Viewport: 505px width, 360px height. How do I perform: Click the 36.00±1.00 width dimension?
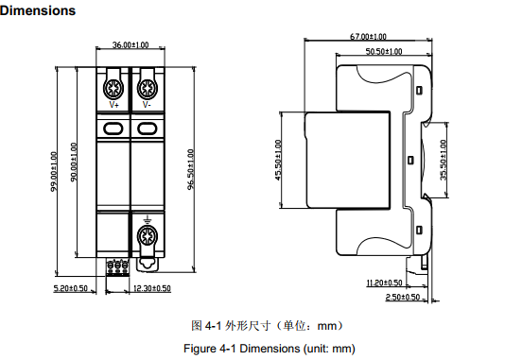click(x=131, y=44)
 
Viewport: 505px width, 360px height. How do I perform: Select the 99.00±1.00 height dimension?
click(x=54, y=171)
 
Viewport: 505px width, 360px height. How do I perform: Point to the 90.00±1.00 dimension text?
click(x=74, y=163)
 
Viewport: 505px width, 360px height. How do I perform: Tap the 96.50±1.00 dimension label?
click(x=191, y=169)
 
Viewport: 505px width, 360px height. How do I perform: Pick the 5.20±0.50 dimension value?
click(x=71, y=288)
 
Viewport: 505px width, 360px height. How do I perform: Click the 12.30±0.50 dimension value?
click(x=151, y=288)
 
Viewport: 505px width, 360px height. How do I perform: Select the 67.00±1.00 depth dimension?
click(x=368, y=36)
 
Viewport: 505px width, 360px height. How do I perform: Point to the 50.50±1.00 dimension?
click(x=384, y=51)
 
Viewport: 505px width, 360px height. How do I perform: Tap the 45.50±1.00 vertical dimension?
click(x=279, y=160)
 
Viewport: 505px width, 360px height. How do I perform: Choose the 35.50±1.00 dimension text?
click(x=444, y=160)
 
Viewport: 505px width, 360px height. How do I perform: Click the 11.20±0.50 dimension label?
click(x=385, y=283)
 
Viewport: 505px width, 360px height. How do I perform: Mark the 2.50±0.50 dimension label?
click(x=403, y=297)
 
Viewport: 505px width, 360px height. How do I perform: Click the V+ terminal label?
click(x=114, y=105)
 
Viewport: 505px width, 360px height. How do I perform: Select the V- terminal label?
click(x=147, y=105)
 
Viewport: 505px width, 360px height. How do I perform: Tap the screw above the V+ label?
click(x=113, y=88)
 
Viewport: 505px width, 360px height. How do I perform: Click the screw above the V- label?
click(x=148, y=88)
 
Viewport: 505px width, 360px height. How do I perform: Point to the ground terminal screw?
click(x=148, y=237)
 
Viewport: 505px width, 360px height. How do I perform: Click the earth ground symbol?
click(x=148, y=220)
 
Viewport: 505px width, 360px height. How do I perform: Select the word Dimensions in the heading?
click(x=38, y=10)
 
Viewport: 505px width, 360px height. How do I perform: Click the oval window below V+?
click(x=113, y=129)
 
